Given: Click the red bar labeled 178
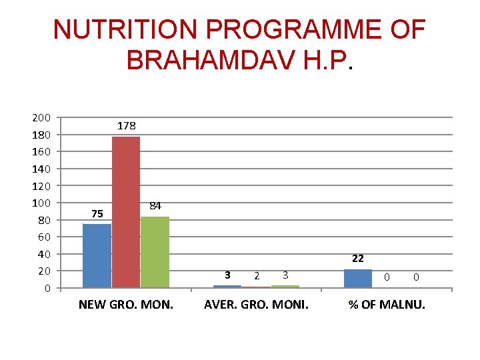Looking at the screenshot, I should [x=126, y=212].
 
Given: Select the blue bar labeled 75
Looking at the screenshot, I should [x=97, y=255].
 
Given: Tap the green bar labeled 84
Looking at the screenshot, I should [x=155, y=252].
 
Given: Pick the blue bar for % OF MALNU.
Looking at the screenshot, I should [x=357, y=279].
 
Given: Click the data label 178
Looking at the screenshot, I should [x=127, y=125].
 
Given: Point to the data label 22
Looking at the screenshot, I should [x=357, y=259].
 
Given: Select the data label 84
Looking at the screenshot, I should [x=155, y=206].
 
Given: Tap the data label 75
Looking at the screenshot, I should [x=97, y=214].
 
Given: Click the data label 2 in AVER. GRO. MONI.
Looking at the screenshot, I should [x=257, y=275].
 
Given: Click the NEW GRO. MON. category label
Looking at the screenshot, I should [x=126, y=305].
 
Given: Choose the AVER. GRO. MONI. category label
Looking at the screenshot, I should [x=256, y=305].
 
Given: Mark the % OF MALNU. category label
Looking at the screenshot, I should [x=387, y=305].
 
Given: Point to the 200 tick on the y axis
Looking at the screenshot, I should [x=41, y=118].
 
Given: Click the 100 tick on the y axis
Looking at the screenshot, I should [x=41, y=203].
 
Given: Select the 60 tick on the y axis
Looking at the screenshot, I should [x=44, y=237].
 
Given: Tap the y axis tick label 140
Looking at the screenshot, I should [x=41, y=169].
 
